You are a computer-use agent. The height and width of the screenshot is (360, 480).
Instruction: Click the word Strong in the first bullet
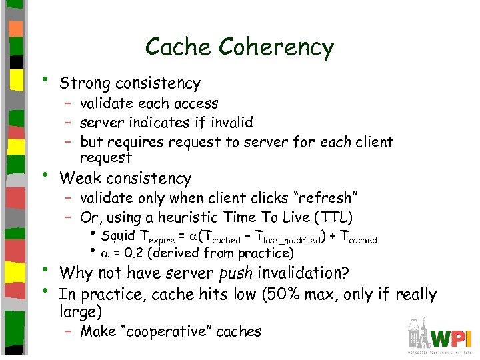click(x=85, y=84)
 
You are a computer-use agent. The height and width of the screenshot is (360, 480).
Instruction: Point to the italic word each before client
click(x=336, y=143)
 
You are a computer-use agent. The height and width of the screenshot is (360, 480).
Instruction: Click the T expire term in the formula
click(x=158, y=237)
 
